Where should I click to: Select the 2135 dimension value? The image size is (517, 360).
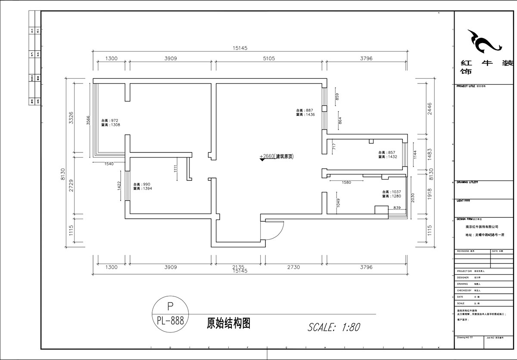point(238,267)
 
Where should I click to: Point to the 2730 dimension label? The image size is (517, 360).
point(293,267)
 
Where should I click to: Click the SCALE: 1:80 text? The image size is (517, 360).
point(334,327)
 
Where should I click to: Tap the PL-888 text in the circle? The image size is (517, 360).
point(170,320)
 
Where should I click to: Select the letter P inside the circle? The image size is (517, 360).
point(170,306)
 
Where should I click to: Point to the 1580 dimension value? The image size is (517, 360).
point(346,183)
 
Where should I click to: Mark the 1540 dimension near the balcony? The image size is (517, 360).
point(109,164)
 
